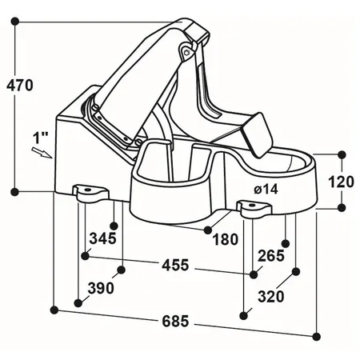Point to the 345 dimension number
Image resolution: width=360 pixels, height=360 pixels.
[x=103, y=238]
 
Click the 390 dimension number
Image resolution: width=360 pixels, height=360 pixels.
[x=100, y=287]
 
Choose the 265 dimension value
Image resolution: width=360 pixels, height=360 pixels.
[x=271, y=255]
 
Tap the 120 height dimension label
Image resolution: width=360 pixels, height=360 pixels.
[x=341, y=181]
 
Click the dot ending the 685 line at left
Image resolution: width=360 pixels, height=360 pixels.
[x=54, y=308]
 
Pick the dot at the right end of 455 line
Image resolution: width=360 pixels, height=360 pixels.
[x=254, y=274]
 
